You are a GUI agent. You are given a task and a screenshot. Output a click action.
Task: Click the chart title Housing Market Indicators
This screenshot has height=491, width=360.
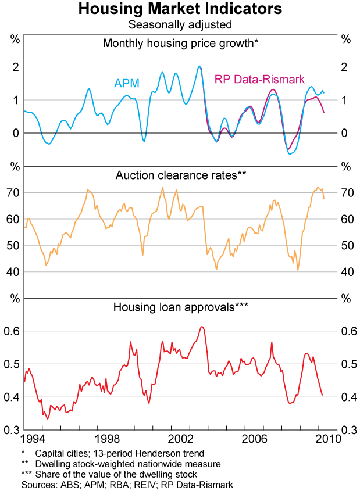click(x=180, y=9)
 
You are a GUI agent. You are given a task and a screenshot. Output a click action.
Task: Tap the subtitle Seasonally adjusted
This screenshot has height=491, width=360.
click(x=180, y=24)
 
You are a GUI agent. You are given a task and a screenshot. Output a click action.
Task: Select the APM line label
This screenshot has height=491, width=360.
click(x=126, y=83)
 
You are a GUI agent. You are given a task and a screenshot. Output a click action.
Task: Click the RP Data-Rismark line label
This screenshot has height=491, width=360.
click(x=259, y=79)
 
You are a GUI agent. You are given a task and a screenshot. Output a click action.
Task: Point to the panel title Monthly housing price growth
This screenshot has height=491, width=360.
click(x=180, y=43)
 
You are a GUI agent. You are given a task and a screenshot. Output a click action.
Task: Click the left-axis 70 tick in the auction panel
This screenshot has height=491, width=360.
click(x=14, y=192)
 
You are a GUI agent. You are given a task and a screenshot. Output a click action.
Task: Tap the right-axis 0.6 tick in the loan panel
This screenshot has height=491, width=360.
click(x=347, y=331)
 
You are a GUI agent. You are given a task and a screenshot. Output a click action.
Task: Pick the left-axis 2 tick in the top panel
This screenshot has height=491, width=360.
click(x=16, y=67)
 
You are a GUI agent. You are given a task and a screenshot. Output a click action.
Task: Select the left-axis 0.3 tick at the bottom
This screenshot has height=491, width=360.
click(x=13, y=430)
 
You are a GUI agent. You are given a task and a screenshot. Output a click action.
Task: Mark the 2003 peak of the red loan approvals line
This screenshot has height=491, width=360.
click(x=201, y=327)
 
